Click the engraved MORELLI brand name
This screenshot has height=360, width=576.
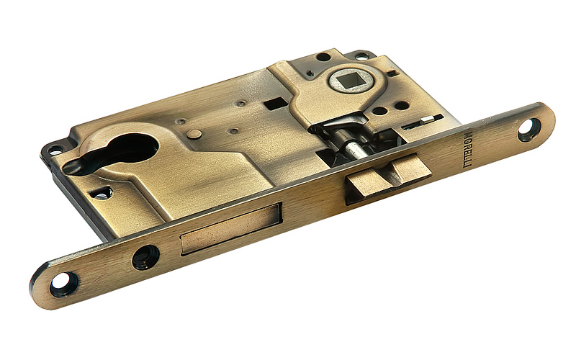467,149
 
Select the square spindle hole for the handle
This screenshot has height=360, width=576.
350,79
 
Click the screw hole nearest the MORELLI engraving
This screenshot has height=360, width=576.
529,130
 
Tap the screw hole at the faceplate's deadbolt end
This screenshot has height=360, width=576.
63,283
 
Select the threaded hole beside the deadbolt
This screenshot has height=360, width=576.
146,257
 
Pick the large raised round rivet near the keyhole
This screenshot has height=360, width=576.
194,134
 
